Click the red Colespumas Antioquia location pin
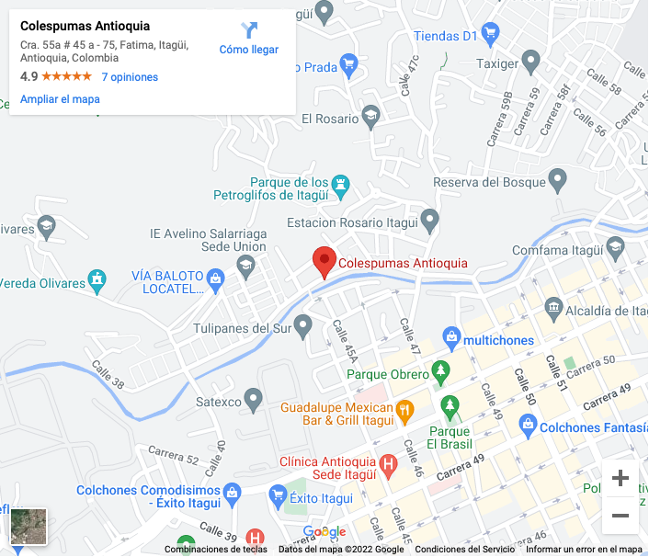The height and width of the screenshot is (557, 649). tap(324, 261)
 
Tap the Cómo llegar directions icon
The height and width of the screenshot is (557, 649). tap(249, 31)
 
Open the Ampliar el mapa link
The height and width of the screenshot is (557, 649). tap(60, 99)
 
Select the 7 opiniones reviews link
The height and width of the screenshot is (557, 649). tap(130, 77)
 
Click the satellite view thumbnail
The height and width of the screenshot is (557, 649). tap(28, 526)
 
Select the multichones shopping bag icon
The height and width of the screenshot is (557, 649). tap(451, 339)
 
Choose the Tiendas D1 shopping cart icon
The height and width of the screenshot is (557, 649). tap(491, 36)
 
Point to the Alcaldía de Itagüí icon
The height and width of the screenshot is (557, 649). tap(553, 306)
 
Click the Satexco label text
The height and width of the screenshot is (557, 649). tap(219, 402)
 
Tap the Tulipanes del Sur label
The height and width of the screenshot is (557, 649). tap(242, 328)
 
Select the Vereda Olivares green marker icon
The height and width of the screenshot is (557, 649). tap(97, 278)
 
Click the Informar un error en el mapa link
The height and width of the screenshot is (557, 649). tap(583, 550)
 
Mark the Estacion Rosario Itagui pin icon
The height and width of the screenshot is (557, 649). tap(429, 221)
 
